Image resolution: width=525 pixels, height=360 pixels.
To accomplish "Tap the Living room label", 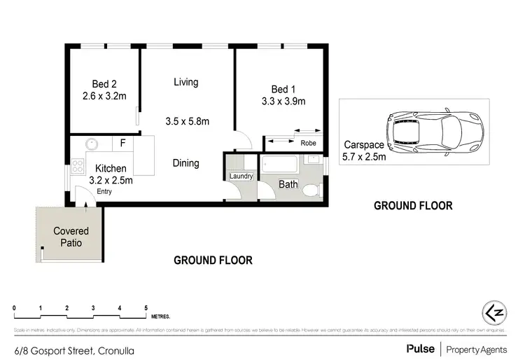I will [186, 82].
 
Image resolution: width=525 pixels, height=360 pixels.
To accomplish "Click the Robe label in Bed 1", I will [307, 143].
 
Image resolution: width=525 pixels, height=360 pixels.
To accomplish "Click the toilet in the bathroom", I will [315, 189].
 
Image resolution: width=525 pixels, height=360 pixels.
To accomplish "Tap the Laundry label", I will [241, 176].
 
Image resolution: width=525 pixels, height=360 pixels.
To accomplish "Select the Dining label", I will [185, 163].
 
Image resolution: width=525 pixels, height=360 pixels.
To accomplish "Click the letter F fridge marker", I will [122, 144].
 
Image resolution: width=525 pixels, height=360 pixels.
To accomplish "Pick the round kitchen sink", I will [91, 144].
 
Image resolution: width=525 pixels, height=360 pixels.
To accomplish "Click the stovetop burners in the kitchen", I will [77, 167].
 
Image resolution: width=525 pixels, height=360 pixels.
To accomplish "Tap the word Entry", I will [104, 191].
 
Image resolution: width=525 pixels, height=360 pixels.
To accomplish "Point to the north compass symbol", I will [494, 310].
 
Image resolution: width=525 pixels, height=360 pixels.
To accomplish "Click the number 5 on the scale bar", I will [146, 308].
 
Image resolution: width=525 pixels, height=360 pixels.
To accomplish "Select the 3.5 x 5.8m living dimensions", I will [187, 120].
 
